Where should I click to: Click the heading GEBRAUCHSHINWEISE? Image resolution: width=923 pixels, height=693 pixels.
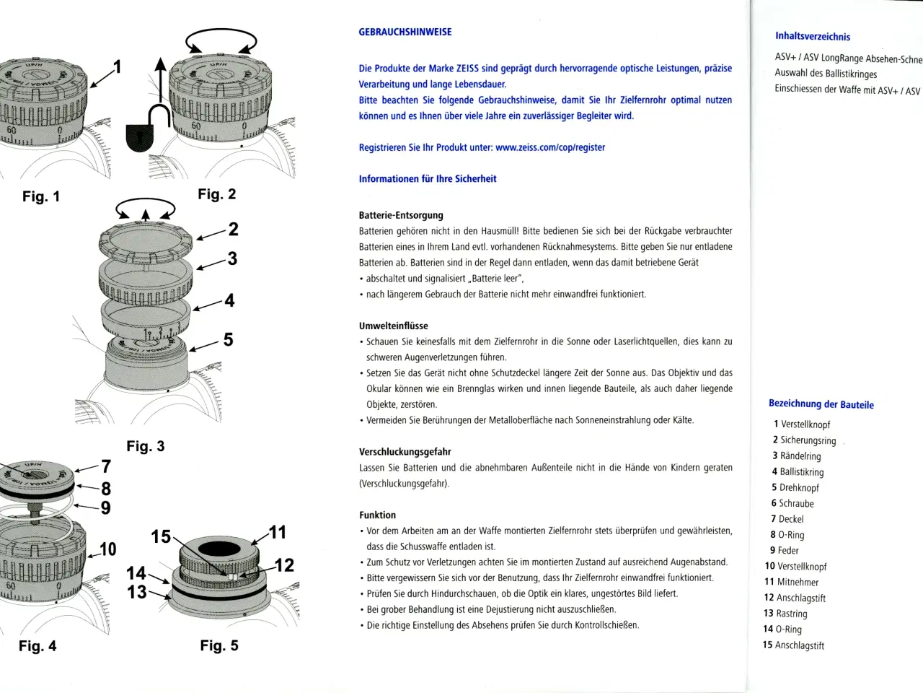coord(405,32)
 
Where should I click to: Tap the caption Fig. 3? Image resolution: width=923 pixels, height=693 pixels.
coord(146,446)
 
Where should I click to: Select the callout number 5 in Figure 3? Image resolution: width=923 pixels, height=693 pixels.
coord(228,339)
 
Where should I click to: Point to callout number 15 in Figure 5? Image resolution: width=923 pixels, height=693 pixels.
coord(161,536)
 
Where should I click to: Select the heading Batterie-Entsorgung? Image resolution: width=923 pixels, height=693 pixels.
coord(401,215)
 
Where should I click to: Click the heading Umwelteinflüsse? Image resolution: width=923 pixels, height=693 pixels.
coord(394,326)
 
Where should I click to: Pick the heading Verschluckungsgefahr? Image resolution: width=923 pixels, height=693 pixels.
coord(405,452)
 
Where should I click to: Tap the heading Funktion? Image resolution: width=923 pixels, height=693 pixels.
coord(378,515)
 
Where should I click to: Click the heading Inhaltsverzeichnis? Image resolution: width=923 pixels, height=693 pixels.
coord(813,36)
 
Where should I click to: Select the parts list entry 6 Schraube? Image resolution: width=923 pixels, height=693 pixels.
coord(792,503)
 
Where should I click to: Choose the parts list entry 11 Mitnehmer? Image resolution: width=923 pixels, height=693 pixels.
coord(792,582)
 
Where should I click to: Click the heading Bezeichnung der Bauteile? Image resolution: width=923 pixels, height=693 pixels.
coord(821,404)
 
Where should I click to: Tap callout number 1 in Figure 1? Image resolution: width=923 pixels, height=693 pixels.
coord(118,67)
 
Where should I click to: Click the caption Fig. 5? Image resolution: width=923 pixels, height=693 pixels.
coord(219,645)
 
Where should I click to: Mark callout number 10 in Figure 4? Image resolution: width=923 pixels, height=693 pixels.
coord(107,549)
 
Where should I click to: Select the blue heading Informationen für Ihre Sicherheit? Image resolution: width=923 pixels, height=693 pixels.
coord(428,178)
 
